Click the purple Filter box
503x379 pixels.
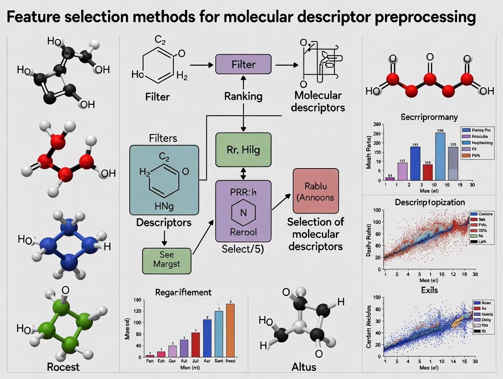tap(243, 65)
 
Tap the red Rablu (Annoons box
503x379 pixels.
tap(316, 191)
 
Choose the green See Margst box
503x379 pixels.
tap(167, 261)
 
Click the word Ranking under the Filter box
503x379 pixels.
tap(243, 96)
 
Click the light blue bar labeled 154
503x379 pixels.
tap(440, 156)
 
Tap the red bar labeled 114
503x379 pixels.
tap(427, 172)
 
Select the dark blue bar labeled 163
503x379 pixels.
tap(415, 163)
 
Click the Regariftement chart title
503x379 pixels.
tap(183, 292)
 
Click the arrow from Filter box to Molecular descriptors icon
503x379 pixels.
tap(284, 65)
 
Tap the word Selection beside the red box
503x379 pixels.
tap(315, 222)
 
